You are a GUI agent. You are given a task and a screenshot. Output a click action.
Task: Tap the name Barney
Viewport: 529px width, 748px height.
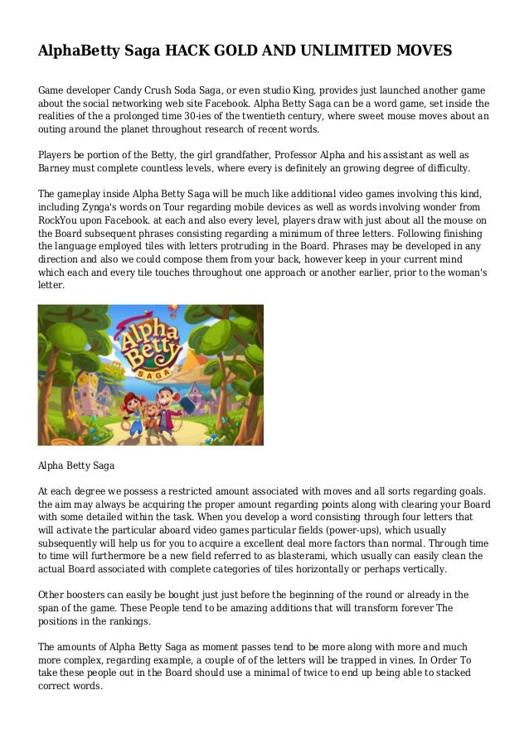coord(57,168)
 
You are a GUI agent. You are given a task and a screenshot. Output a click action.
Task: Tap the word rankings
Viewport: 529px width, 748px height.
coord(118,621)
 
